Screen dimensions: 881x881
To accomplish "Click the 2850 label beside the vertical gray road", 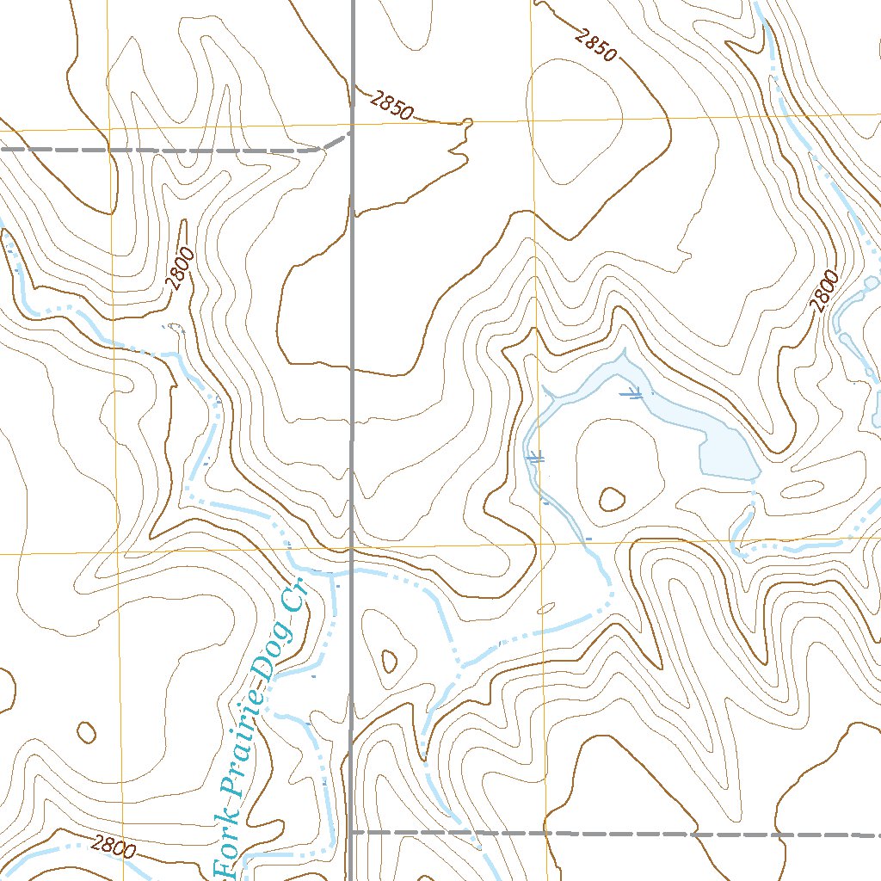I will click(x=393, y=105).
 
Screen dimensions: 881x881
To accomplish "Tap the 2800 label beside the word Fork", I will click(x=115, y=848).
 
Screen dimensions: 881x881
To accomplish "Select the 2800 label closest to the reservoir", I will click(x=822, y=291).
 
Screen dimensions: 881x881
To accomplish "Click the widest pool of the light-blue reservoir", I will click(x=727, y=452).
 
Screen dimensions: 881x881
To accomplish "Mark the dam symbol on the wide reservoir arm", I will click(x=632, y=394).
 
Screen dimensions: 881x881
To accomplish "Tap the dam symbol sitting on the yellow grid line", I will click(x=536, y=458).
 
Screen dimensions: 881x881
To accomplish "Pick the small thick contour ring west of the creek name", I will click(x=86, y=732).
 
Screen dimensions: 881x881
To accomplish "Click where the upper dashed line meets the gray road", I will click(x=350, y=134).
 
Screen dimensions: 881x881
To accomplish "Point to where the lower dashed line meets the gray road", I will click(x=352, y=832).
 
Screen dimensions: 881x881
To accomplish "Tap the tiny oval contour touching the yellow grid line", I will click(x=545, y=607).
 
